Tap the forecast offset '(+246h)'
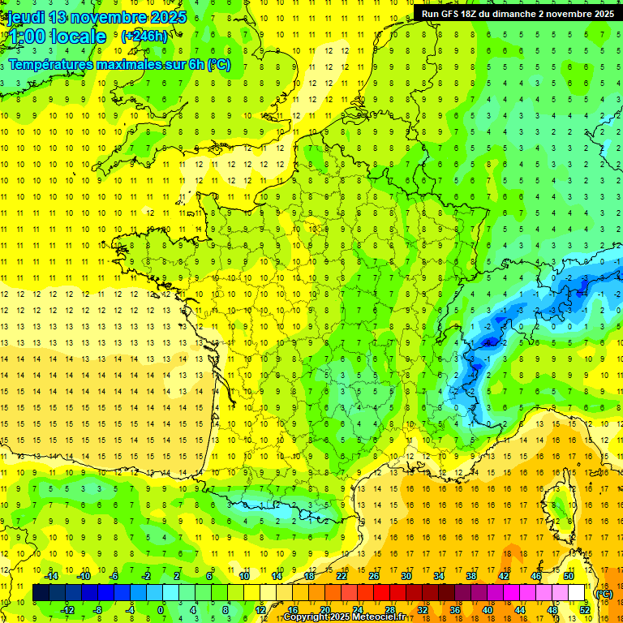click(x=144, y=36)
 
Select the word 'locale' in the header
click(x=78, y=37)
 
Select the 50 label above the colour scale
click(x=568, y=576)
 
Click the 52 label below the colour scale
click(x=584, y=609)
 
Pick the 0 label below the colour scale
click(x=161, y=609)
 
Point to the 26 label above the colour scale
click(x=374, y=576)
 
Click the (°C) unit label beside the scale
click(x=604, y=593)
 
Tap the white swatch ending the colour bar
click(x=576, y=593)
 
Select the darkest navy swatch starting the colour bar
click(x=41, y=593)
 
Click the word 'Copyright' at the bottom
click(x=307, y=617)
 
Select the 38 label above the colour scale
click(x=470, y=576)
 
